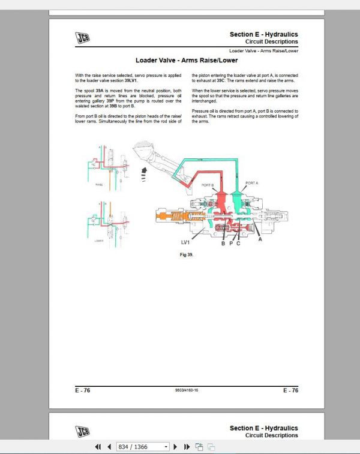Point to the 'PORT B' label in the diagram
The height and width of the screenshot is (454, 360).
point(208,185)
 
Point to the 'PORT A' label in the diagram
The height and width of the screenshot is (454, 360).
point(251,182)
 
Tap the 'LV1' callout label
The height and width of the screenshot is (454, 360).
point(187,243)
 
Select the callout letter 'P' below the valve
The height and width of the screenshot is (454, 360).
point(230,243)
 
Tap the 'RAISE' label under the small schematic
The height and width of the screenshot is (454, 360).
point(100,185)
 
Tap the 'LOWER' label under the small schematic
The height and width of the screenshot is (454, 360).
point(100,240)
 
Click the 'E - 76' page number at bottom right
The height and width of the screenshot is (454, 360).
point(290,390)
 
